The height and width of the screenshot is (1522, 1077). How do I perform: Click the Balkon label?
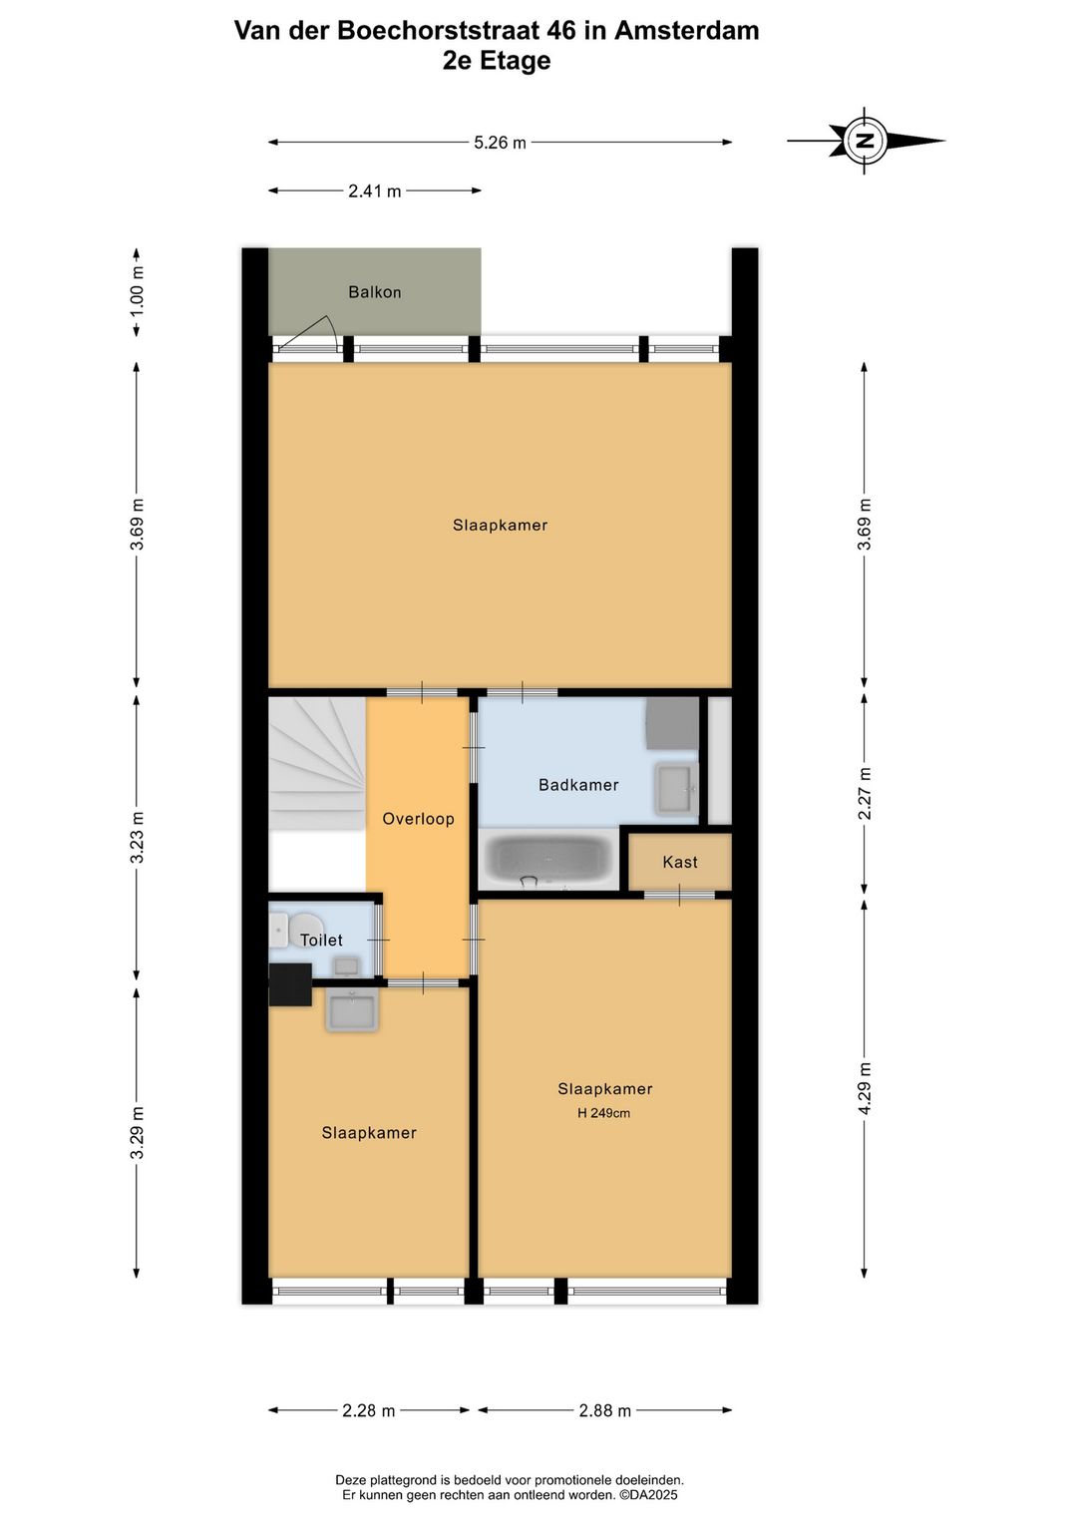point(374,292)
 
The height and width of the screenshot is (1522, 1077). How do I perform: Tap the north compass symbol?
point(865,141)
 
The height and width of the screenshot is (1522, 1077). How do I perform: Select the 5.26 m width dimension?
point(500,143)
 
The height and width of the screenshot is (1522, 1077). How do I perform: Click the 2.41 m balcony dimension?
point(374,190)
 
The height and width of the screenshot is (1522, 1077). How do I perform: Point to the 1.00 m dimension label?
point(137,292)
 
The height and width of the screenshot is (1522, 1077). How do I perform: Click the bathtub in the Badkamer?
point(548,860)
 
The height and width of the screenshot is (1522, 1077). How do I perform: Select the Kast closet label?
point(680,862)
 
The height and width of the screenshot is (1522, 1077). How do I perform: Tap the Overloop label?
point(418,819)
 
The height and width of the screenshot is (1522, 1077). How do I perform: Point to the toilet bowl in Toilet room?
point(305,928)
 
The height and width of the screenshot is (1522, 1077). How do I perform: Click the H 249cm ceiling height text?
point(603,1113)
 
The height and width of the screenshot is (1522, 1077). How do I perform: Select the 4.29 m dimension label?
point(865,1089)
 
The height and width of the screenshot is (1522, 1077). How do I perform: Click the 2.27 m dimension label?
point(865,793)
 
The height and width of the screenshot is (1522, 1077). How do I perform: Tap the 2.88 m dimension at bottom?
point(604,1410)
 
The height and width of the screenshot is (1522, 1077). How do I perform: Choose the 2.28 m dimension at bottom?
point(368,1410)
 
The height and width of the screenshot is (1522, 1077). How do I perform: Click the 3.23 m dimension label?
point(137,838)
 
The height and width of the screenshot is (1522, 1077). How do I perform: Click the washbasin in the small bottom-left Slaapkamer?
point(351,1010)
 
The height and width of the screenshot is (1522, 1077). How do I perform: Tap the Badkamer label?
point(578,785)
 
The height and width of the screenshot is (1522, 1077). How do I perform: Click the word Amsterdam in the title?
point(686,30)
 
